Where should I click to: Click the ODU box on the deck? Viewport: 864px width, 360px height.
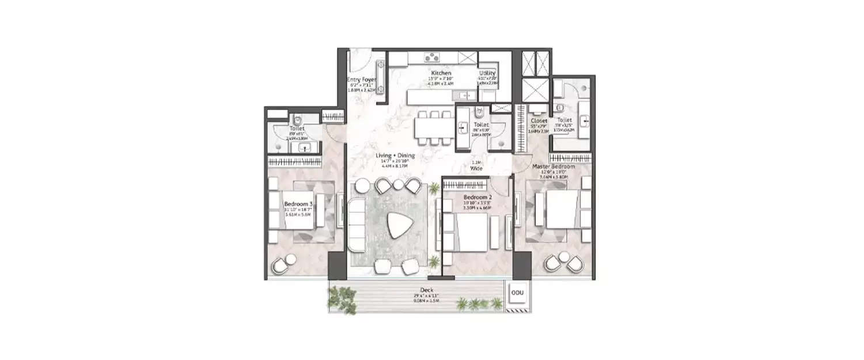tap(515, 293)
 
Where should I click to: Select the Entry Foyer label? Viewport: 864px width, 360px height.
tap(361, 80)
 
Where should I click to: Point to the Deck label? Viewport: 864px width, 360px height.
tap(427, 290)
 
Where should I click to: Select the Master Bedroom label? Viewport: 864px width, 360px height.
tap(554, 166)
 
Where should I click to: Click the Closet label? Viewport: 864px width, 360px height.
tap(539, 121)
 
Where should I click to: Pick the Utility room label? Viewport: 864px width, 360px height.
tap(487, 74)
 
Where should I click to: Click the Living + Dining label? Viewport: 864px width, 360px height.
tap(395, 156)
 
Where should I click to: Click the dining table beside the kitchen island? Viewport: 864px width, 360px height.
tap(433, 128)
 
